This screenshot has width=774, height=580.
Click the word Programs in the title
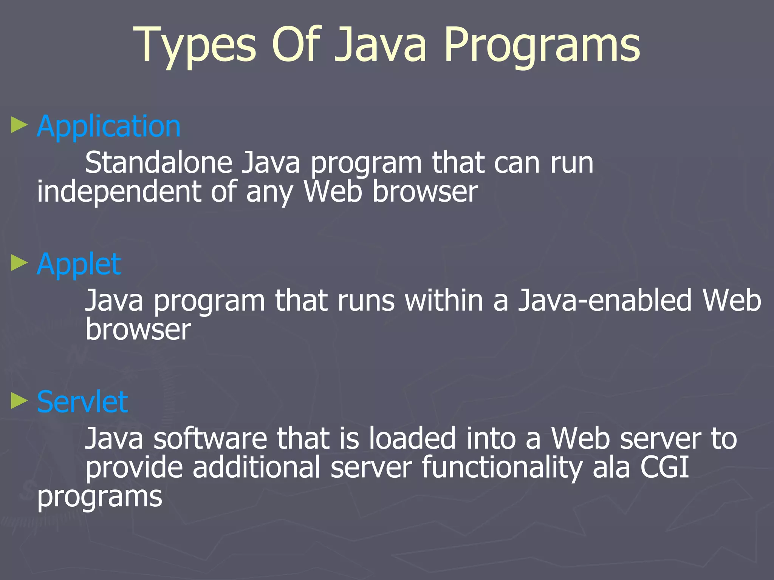pyautogui.click(x=542, y=45)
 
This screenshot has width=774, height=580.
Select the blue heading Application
pyautogui.click(x=109, y=126)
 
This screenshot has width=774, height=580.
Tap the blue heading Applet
pyautogui.click(x=79, y=264)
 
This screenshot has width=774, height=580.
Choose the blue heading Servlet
pyautogui.click(x=82, y=402)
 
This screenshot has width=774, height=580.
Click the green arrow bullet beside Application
pyautogui.click(x=19, y=125)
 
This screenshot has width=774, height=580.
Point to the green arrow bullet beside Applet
pyautogui.click(x=19, y=263)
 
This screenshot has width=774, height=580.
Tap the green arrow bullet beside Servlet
pyautogui.click(x=19, y=401)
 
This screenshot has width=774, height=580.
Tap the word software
pyautogui.click(x=210, y=439)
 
